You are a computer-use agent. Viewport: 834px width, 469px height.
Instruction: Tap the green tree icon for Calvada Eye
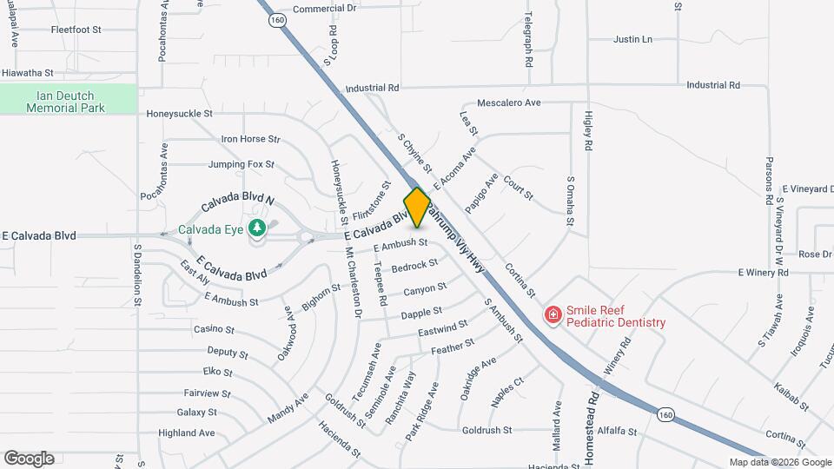pos(256,228)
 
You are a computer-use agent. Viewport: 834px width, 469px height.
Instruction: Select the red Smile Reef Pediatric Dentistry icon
pos(552,314)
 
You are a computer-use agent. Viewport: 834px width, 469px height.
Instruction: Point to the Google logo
pos(29,459)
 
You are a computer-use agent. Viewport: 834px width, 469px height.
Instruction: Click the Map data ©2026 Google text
pos(780,462)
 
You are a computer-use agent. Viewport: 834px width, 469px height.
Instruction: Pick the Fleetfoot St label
pos(76,30)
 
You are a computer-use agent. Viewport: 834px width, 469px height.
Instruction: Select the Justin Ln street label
pos(632,40)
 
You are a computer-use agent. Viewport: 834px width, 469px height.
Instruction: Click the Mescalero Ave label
pos(508,102)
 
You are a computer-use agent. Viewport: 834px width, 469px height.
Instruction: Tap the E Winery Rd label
pos(763,273)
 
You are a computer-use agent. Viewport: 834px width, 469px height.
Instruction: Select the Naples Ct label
pos(506,387)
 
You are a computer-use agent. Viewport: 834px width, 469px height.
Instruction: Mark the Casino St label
pos(214,329)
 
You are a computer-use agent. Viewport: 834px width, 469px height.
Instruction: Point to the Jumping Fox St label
pos(241,164)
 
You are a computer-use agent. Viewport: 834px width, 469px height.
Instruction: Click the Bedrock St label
pos(414,266)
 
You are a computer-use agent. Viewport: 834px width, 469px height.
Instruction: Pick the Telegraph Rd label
pos(527,41)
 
